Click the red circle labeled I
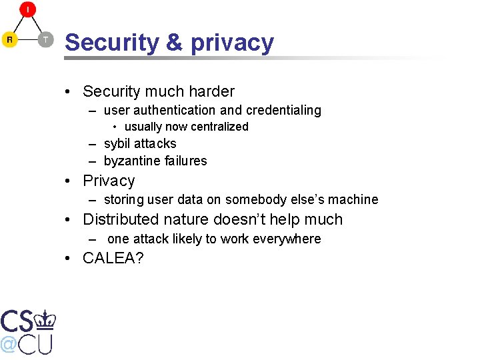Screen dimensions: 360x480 (27, 10)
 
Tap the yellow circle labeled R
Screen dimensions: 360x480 (10, 39)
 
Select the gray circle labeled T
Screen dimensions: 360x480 (45, 39)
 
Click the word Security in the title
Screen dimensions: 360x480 (111, 43)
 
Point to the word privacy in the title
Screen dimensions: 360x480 (232, 43)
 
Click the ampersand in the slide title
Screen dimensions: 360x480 (173, 43)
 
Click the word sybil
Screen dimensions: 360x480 (118, 143)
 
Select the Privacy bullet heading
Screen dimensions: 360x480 (109, 181)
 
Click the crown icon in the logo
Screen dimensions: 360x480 (45, 320)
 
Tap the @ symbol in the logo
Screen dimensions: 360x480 (9, 344)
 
